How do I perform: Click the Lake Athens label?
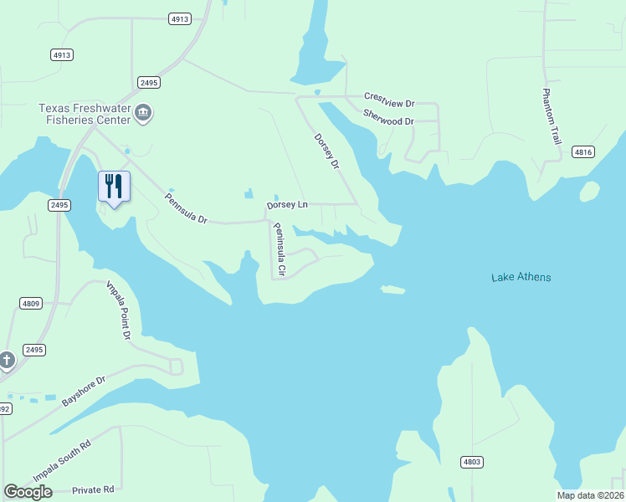coord(521,277)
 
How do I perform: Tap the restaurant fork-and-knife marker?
coord(115,187)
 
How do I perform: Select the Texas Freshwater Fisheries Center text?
coord(85,114)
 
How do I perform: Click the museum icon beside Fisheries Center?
coord(143,114)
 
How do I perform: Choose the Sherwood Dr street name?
coord(388,121)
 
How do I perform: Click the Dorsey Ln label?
coord(287,205)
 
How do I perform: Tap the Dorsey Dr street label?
coord(326,152)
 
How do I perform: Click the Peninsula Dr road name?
coord(185,207)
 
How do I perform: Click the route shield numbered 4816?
coord(583,151)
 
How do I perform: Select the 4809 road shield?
coord(31,303)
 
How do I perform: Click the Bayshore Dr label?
coord(85,391)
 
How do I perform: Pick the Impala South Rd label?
coord(61,460)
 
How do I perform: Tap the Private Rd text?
coord(92,489)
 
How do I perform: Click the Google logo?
coord(28,492)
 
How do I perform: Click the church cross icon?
coord(7,361)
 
